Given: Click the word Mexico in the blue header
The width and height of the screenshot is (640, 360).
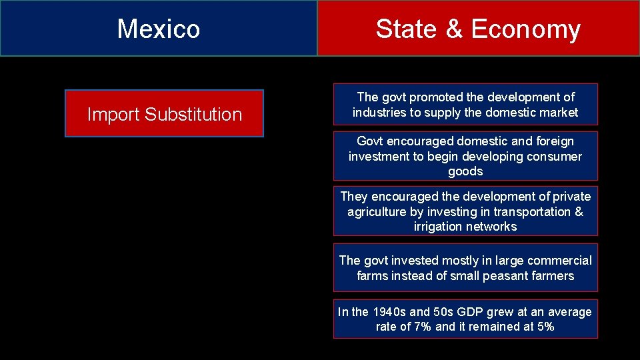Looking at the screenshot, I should [159, 29].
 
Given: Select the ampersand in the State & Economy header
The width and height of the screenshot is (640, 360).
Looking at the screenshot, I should [455, 29].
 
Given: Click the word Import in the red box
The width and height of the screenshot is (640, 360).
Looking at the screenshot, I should [113, 115].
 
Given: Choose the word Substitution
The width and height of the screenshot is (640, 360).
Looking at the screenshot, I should [193, 115].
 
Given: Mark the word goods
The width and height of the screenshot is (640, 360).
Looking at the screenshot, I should [465, 171].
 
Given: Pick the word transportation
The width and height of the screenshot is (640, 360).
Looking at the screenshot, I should [530, 212].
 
